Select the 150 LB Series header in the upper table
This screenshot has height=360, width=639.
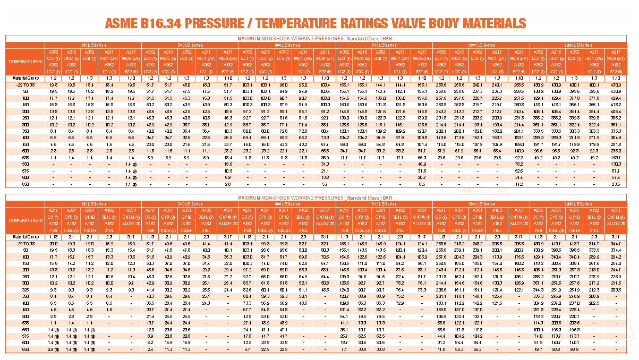(x=93, y=45)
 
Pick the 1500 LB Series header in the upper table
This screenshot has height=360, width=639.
(x=481, y=45)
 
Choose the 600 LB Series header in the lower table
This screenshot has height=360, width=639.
(x=287, y=204)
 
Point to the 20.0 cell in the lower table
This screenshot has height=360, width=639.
(x=54, y=243)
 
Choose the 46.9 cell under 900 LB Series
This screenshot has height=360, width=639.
(x=422, y=164)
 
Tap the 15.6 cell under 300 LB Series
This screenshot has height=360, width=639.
(x=228, y=164)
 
